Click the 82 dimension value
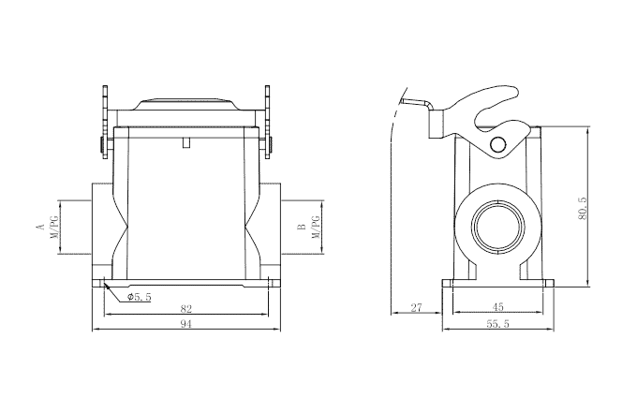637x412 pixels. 185,307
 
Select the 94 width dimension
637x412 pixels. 185,323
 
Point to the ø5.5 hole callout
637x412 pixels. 139,297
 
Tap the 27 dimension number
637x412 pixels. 417,307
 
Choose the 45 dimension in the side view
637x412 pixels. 497,307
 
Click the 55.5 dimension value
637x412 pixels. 497,323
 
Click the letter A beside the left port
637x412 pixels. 40,228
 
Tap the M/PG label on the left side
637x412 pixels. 54,228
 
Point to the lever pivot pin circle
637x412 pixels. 498,144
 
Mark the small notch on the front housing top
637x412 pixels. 186,143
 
